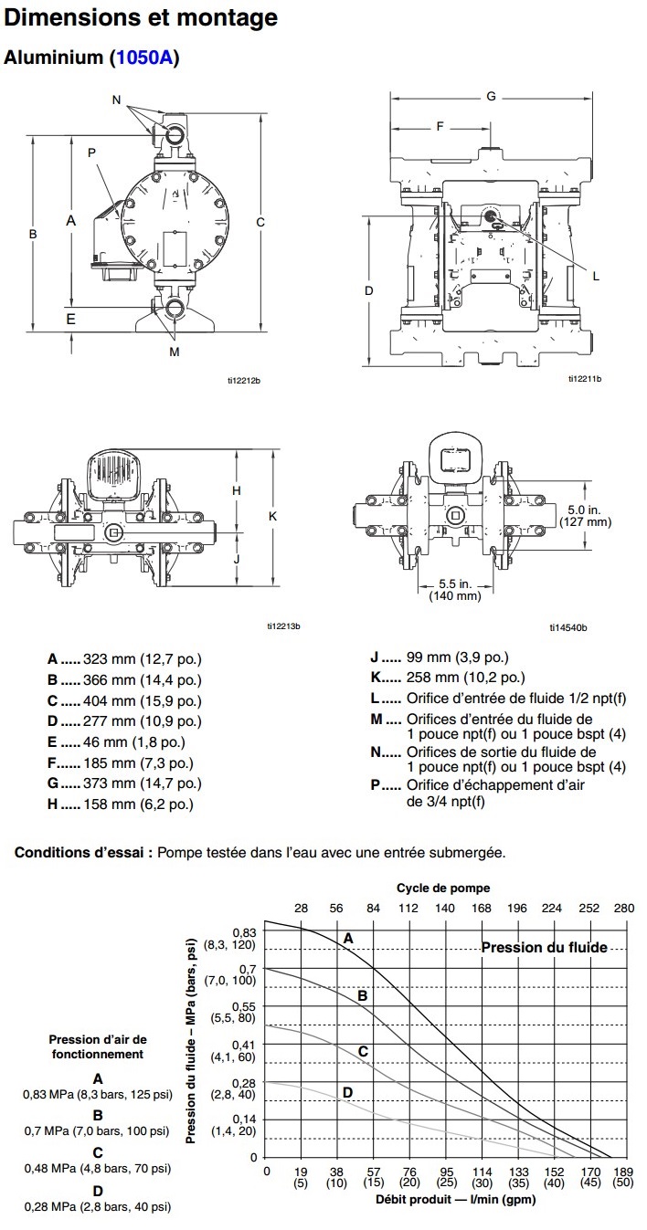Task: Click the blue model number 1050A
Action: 144,58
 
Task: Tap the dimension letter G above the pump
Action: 491,96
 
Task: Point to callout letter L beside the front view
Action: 596,276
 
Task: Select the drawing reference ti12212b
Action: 244,381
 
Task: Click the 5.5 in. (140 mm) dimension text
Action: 455,590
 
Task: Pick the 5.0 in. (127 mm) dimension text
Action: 585,516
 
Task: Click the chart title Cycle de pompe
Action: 443,888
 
